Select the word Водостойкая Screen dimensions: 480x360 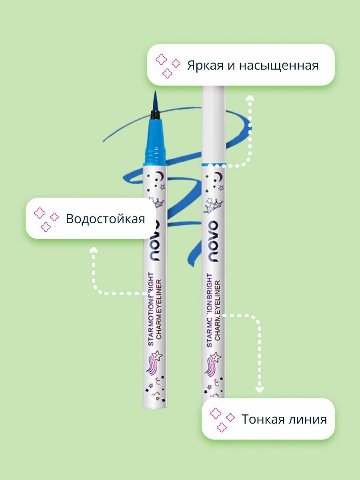click(105, 219)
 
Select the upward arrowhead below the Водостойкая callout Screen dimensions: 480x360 click(94, 250)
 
